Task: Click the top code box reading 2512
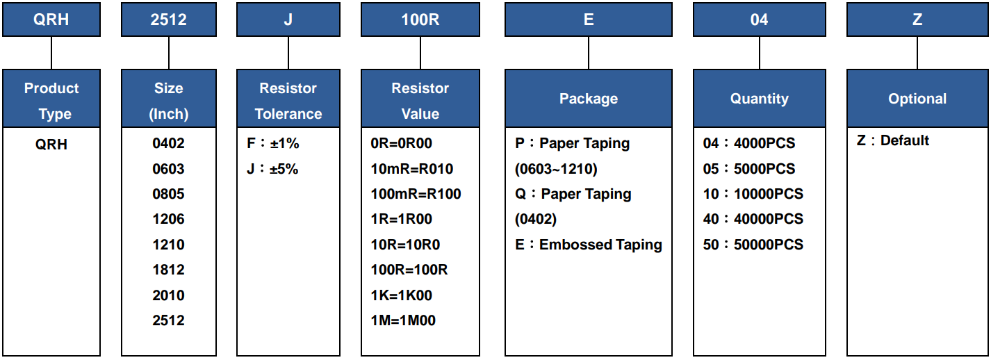point(169,19)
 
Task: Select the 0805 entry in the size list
point(168,194)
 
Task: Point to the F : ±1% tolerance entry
point(272,143)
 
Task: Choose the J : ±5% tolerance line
point(272,168)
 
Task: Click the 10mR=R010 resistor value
point(412,168)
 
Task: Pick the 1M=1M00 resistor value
point(403,320)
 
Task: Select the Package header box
point(589,98)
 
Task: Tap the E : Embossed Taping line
point(589,245)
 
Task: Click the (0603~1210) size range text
point(556,169)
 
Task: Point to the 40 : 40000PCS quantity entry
point(753,219)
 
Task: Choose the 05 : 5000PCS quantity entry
point(749,168)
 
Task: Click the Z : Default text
point(893,140)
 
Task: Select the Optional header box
point(917,98)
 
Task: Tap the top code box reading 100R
point(420,19)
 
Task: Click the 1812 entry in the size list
point(168,270)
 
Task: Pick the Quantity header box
point(759,98)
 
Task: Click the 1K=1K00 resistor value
point(401,295)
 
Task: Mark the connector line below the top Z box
point(917,53)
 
